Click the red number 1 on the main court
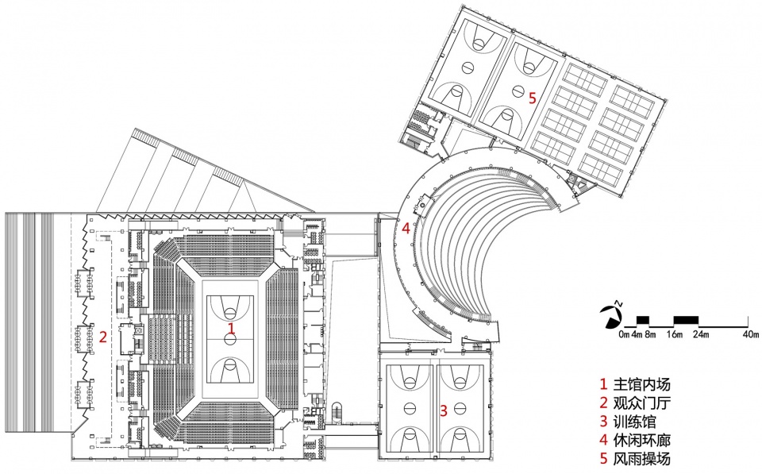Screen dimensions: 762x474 tap(232, 328)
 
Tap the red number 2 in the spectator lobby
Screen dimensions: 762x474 tap(102, 337)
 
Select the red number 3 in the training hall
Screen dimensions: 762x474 tap(443, 410)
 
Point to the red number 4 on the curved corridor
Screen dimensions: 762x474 tap(406, 228)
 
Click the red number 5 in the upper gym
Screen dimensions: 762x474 tap(532, 98)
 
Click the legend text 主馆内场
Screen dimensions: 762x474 tap(641, 384)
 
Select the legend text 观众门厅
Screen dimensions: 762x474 tap(641, 403)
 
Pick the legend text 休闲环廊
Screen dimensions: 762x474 tap(641, 440)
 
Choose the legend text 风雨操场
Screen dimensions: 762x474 tap(641, 458)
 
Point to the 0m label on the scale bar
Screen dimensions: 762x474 tap(625, 334)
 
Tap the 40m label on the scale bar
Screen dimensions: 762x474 tap(751, 334)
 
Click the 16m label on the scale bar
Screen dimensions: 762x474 tap(674, 334)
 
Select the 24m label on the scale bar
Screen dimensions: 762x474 tap(700, 334)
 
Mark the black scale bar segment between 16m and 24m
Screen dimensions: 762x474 tap(686, 320)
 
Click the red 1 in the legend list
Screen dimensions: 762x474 tap(603, 384)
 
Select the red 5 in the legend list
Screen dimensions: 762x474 tap(603, 458)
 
